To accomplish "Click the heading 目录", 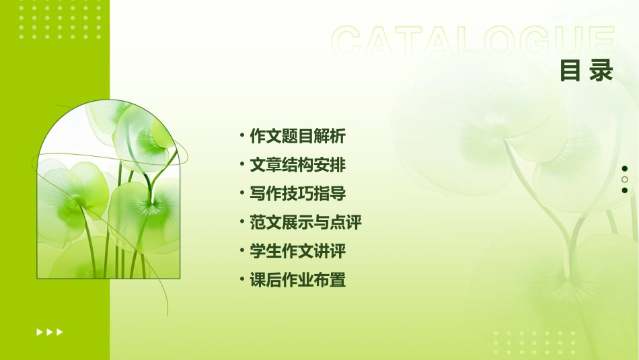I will [x=587, y=71].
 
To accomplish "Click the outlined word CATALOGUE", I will [x=473, y=42].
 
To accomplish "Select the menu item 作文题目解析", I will [x=297, y=137].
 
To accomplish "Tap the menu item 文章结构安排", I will [x=297, y=166].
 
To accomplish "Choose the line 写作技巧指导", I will [x=297, y=194].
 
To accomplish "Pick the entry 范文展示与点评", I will [x=305, y=223].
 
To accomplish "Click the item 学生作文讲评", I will [x=297, y=252].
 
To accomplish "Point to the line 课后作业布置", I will [x=297, y=280].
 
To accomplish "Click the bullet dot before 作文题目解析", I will [x=242, y=135].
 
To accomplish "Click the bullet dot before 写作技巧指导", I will [x=242, y=193].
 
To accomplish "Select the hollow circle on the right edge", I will [x=625, y=180].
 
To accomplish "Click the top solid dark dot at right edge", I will [x=625, y=169].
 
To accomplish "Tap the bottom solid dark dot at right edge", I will [x=625, y=190].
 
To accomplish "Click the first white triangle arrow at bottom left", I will [x=40, y=332].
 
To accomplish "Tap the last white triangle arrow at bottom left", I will [x=60, y=332].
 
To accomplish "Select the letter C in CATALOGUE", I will [x=348, y=42].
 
